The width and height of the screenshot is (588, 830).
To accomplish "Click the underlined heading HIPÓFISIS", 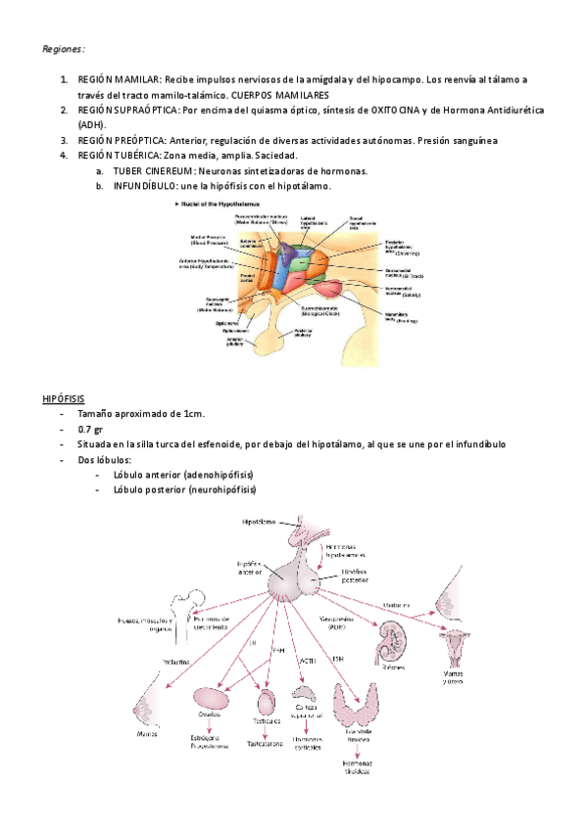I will [x=64, y=399].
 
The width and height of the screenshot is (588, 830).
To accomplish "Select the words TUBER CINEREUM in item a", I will [x=161, y=171].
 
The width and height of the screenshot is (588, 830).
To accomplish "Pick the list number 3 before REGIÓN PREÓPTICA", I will [x=64, y=140].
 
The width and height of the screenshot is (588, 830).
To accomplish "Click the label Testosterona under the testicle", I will [x=266, y=743].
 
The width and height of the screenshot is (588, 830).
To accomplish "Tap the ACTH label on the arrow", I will [x=308, y=663].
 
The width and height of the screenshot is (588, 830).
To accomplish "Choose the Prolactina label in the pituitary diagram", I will [x=175, y=662].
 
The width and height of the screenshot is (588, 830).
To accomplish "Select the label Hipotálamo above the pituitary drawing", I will [x=260, y=522].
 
